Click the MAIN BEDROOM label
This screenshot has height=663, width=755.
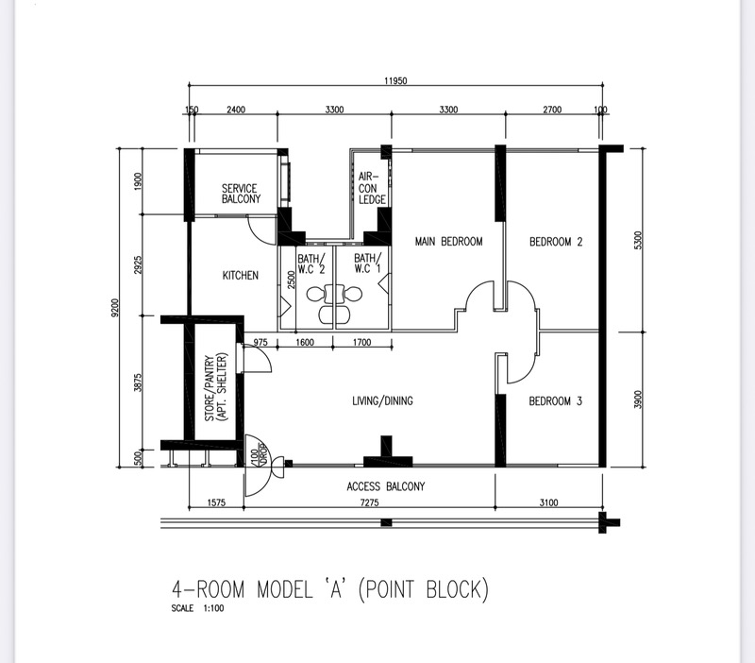coord(449,241)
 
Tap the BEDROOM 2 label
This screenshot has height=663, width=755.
coord(556,242)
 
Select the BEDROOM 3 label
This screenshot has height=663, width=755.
coord(556,400)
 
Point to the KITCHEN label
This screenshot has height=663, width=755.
coord(241,275)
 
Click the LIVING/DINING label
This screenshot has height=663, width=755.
coord(383,400)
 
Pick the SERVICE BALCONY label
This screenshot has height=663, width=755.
coord(241,194)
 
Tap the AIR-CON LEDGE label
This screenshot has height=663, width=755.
coord(372,188)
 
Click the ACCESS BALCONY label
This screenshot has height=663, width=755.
coord(386,486)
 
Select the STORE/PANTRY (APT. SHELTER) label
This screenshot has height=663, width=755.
coord(216,388)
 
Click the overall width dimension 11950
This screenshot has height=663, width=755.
coord(395,80)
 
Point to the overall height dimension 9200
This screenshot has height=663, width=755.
coord(114,307)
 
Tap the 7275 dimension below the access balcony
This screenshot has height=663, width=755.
coord(369,502)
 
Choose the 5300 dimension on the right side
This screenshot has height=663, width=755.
coord(638,241)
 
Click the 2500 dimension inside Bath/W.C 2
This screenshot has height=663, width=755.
coord(291,280)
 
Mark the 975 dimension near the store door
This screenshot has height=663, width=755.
coord(260,342)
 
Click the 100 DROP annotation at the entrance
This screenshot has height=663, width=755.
coord(258,454)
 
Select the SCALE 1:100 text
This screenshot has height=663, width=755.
coord(197,608)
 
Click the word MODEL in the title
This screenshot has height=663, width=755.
coord(285,589)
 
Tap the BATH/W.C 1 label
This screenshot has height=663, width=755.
coord(367,263)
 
